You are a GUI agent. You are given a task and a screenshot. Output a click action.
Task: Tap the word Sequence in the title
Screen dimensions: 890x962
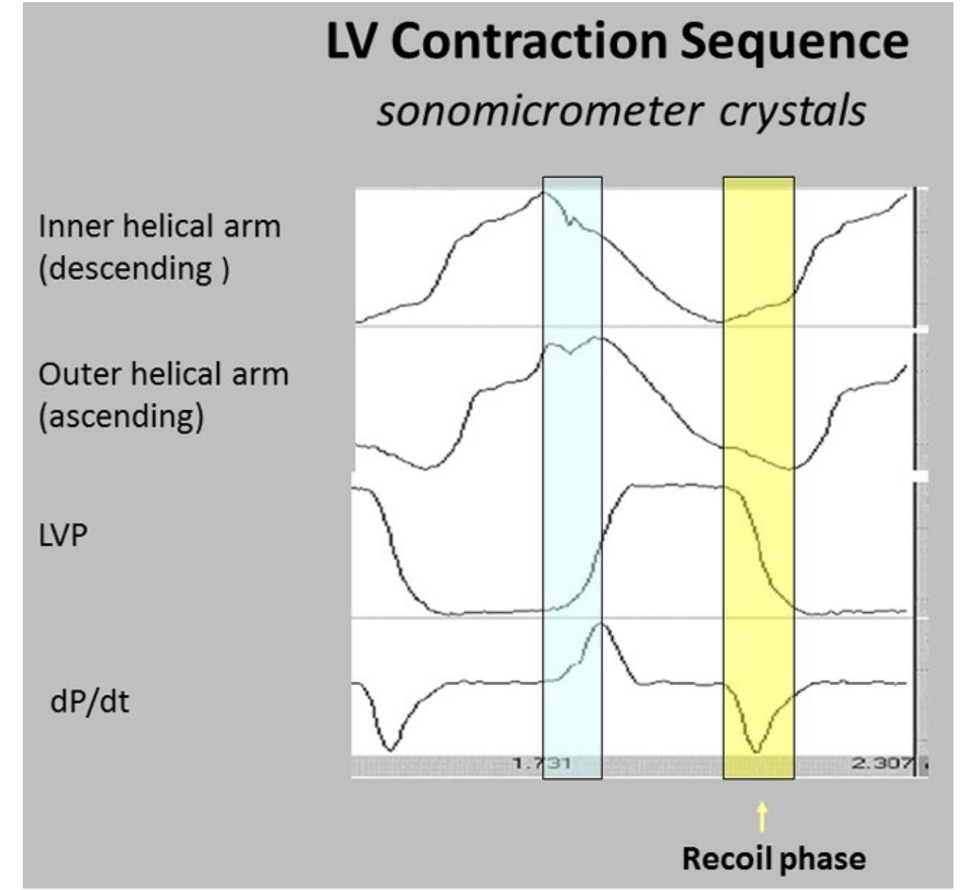pyautogui.click(x=794, y=42)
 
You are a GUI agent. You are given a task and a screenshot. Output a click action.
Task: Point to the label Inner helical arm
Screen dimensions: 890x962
pyautogui.click(x=159, y=227)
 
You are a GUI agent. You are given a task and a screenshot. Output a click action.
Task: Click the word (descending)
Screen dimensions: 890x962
pyautogui.click(x=134, y=269)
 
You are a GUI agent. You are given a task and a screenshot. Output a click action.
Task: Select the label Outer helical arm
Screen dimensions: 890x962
pyautogui.click(x=163, y=374)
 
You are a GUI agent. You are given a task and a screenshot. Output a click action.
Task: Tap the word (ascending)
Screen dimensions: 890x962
pyautogui.click(x=121, y=416)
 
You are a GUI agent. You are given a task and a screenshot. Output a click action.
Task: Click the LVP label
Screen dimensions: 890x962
pyautogui.click(x=63, y=535)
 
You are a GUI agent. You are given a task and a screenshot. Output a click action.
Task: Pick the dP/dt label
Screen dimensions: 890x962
pyautogui.click(x=89, y=701)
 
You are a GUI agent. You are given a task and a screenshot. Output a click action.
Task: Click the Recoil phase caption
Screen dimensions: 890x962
pyautogui.click(x=773, y=858)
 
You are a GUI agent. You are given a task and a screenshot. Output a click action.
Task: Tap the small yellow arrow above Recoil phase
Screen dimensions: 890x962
pyautogui.click(x=762, y=816)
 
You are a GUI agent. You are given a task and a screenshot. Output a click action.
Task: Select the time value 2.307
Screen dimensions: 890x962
pyautogui.click(x=882, y=763)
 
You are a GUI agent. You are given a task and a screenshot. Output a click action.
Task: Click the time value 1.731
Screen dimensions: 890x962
pyautogui.click(x=542, y=763)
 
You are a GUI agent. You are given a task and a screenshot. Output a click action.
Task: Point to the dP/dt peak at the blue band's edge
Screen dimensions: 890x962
pyautogui.click(x=601, y=624)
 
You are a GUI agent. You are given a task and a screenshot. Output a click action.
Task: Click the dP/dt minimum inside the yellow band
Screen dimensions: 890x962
pyautogui.click(x=757, y=751)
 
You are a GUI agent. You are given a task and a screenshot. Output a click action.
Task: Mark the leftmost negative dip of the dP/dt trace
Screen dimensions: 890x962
pyautogui.click(x=389, y=750)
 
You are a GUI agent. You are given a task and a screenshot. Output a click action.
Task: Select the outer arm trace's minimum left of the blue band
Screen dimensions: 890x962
pyautogui.click(x=427, y=469)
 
